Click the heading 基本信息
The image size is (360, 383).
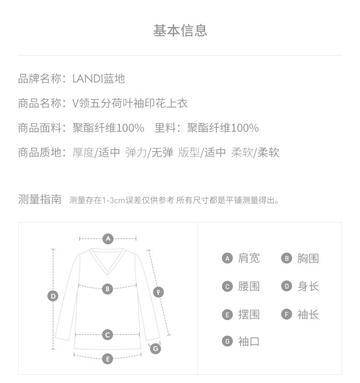pos(180,31)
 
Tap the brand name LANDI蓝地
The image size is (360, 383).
pos(99,78)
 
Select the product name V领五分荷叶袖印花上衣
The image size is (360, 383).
pos(130,104)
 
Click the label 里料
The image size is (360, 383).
pos(165,128)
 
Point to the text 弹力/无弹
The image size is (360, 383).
pos(149,153)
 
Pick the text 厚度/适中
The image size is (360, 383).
pos(96,153)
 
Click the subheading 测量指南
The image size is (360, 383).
pos(40,199)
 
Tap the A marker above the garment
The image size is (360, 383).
pos(108,239)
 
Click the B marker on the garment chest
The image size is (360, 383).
pos(108,289)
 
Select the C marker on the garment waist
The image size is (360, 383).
pos(108,335)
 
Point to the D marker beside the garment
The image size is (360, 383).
pos(53,296)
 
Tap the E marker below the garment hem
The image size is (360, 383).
pos(108,359)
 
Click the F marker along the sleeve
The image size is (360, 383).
pos(159,292)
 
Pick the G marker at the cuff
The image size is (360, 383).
pos(155,348)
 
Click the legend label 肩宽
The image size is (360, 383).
pos(249,259)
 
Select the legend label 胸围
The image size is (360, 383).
pos(308,259)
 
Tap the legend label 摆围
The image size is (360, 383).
pos(249,315)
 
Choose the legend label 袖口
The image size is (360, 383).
pos(249,342)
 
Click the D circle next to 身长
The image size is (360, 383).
pos(287,286)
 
